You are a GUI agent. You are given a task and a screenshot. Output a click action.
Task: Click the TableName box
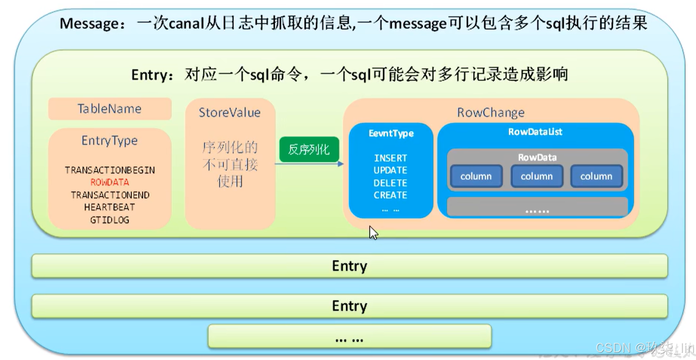coord(110,109)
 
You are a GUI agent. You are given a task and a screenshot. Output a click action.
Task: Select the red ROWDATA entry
coord(110,183)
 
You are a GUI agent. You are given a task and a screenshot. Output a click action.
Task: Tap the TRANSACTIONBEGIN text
coord(110,170)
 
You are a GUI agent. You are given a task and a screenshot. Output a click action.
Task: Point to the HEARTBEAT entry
coord(110,207)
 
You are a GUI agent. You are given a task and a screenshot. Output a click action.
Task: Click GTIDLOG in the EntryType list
coord(110,220)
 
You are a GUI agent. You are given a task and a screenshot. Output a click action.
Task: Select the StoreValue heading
coord(229,112)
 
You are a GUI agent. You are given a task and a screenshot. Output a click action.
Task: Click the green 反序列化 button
coord(309,149)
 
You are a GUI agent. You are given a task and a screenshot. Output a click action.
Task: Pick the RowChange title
coord(490,112)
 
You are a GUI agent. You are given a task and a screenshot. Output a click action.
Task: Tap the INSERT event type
coord(391,158)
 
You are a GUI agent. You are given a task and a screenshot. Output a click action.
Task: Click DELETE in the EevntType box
coord(391,183)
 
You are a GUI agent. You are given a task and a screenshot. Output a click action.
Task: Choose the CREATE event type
coord(391,195)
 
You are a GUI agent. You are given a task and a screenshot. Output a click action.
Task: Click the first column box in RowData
coord(476,176)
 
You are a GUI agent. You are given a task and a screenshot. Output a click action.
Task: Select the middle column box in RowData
coord(537,176)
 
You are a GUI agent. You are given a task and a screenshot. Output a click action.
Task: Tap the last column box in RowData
coord(596,176)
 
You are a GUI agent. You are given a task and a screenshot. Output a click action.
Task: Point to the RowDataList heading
coord(535,132)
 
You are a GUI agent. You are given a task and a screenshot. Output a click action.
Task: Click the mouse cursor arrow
coord(373,233)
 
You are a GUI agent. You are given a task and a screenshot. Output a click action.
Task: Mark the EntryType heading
coord(110,141)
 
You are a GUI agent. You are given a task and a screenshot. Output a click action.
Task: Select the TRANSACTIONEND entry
coord(110,195)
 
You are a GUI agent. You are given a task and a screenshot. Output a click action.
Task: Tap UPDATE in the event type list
coord(391,171)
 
